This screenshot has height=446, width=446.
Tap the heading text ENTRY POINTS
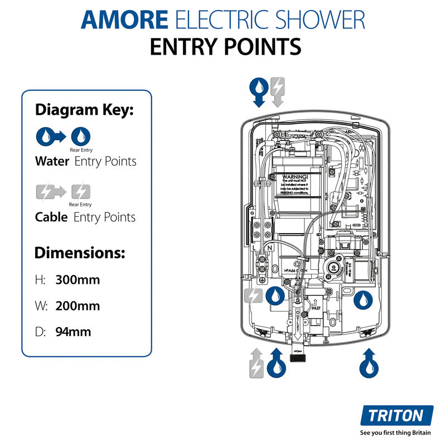point(225,47)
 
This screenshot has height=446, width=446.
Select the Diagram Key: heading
point(84,110)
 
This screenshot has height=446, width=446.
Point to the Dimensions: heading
point(80,253)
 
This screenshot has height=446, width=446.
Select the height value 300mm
point(77,280)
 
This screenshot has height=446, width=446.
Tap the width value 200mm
point(77,306)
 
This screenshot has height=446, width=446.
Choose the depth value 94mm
point(73,332)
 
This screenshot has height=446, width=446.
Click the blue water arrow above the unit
point(259,92)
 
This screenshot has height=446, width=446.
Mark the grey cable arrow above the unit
point(278,92)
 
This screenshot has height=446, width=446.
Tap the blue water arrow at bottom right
point(366,363)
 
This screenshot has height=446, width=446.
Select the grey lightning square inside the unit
point(253,296)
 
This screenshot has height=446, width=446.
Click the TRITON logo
point(396,416)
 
